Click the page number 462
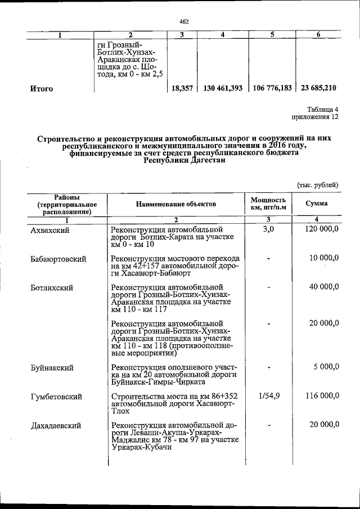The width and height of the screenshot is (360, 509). coord(184,21)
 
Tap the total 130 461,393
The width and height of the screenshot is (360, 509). coord(223,88)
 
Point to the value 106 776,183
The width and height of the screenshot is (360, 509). coord(272,88)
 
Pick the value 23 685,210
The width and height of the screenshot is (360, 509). coord(319,88)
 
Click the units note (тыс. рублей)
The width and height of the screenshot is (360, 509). coord(317,184)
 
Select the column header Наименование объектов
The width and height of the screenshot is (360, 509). coord(175,204)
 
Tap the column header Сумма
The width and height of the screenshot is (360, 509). coord(317,203)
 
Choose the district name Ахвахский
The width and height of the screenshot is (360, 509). coord(51,230)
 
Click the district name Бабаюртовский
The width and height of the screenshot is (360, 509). coord(58,259)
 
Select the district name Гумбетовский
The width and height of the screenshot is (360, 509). coord(56,397)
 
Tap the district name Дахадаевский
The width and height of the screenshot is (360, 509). coord(57,425)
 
